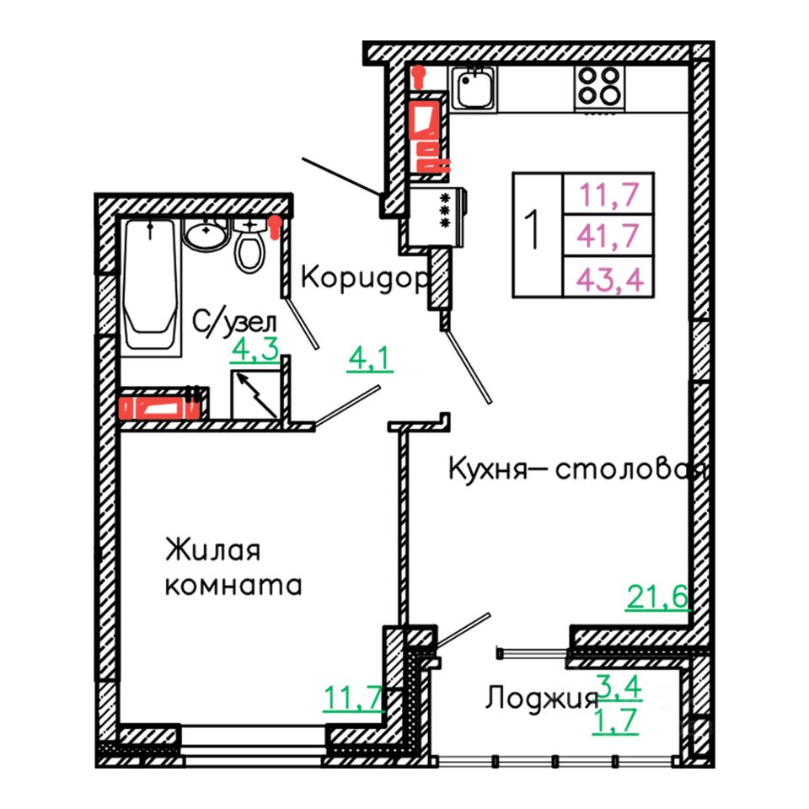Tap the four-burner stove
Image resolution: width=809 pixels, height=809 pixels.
pos(600,87)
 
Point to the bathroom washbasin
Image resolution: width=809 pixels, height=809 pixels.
pos(206,233)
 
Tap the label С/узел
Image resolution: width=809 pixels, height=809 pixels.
pos(235,321)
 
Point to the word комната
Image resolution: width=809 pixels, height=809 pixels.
pos(233,585)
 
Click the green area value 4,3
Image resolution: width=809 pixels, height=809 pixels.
pos(254,351)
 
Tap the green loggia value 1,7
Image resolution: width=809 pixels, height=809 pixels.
pos(618,722)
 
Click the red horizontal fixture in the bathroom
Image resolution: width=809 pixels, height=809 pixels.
pos(160,408)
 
